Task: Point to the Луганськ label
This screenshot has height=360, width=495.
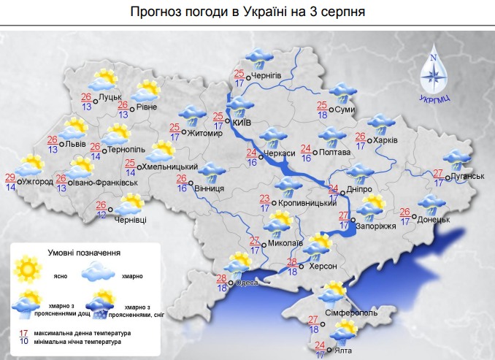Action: [468, 176]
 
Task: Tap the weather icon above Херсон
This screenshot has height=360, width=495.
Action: [318, 246]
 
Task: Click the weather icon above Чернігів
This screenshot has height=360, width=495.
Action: [257, 57]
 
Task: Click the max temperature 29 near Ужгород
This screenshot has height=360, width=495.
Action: [10, 177]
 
